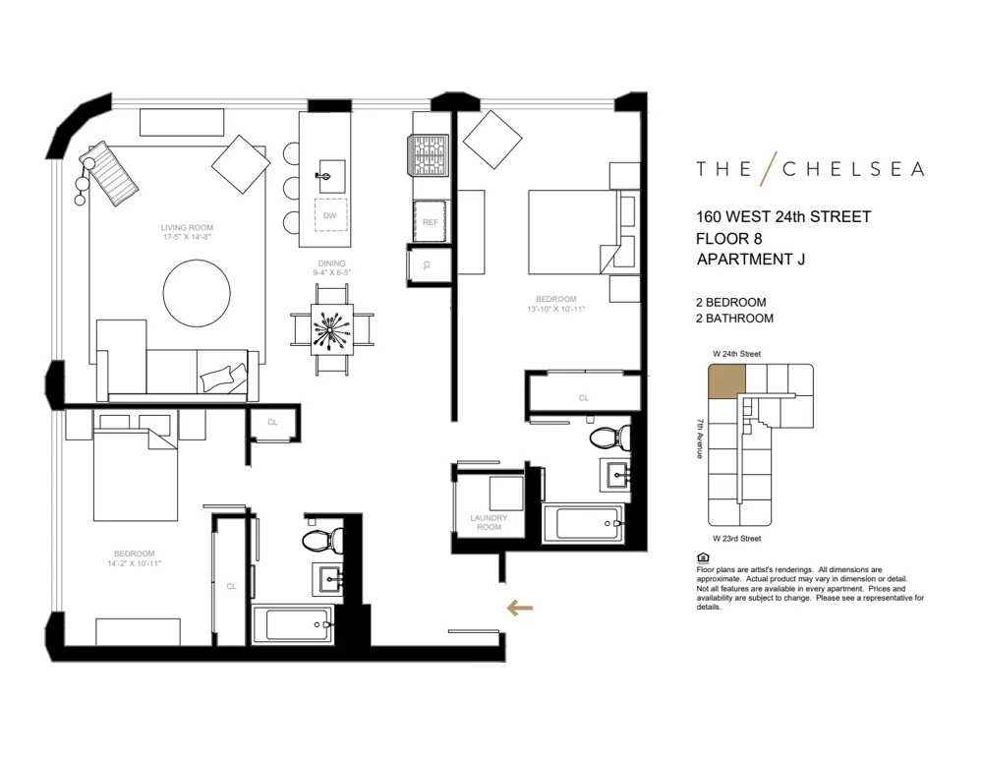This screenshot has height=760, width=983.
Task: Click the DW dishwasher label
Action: pos(330,215)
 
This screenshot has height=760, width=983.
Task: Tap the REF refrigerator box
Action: pos(430,222)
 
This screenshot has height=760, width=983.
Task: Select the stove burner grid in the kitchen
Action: pos(429,154)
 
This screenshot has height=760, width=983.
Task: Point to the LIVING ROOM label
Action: pos(188,228)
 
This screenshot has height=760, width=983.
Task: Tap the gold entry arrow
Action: pos(520,608)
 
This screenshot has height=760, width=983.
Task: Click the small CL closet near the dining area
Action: pos(270,423)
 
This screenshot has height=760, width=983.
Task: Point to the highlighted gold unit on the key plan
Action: pos(727,381)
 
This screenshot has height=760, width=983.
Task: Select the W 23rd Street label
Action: pos(737,538)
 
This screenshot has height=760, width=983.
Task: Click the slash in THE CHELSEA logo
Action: pos(769,168)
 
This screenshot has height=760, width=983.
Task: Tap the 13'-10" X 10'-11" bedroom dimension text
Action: pos(556,310)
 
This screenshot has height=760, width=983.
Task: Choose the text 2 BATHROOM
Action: pos(733,319)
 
